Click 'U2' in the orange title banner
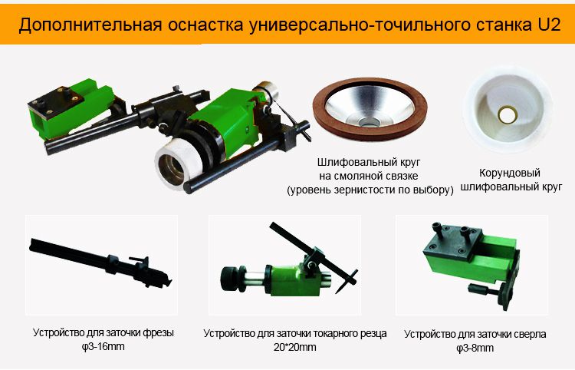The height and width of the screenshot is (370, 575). pyautogui.click(x=549, y=25)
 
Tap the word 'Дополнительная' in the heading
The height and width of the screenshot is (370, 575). pyautogui.click(x=90, y=25)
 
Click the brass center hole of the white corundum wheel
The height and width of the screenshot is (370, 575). pyautogui.click(x=508, y=114)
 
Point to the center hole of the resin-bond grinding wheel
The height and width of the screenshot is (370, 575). pyautogui.click(x=370, y=122)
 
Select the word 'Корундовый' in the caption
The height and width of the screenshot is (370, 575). pyautogui.click(x=510, y=173)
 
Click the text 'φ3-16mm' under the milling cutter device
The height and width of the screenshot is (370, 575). pyautogui.click(x=103, y=346)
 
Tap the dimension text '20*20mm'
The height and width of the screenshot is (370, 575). pyautogui.click(x=295, y=347)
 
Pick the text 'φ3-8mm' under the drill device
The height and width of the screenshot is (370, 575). pyautogui.click(x=475, y=348)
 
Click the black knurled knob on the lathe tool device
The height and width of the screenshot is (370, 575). pyautogui.click(x=230, y=279)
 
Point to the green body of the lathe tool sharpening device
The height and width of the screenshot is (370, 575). pyautogui.click(x=290, y=281)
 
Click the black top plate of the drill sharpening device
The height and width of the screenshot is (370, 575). pyautogui.click(x=452, y=244)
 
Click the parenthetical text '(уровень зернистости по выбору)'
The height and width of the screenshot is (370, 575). pyautogui.click(x=370, y=190)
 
